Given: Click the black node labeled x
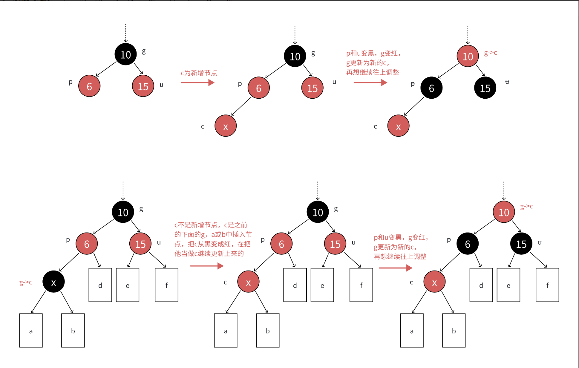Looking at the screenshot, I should point(53,282).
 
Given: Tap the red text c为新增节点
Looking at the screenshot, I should point(199,73).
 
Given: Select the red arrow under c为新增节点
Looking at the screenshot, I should point(197,83).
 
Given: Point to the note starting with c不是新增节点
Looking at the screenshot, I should point(213,239).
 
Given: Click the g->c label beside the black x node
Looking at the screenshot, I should point(26,282).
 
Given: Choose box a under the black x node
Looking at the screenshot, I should point(31,330).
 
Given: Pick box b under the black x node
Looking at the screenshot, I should point(73,330).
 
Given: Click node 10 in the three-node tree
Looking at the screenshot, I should point(125,54).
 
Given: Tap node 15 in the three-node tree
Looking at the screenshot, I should point(143,86).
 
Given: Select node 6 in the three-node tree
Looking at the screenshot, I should point(89,86).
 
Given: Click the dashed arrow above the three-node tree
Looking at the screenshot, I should point(125,33).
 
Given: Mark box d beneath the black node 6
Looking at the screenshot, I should point(481,285).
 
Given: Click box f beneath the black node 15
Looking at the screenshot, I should point(547,285).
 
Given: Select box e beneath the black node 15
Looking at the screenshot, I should point(508,285).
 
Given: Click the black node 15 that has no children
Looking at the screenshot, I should point(485,88).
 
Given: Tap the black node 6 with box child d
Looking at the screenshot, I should point(468,244).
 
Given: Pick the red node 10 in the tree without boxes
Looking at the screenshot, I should point(468,56).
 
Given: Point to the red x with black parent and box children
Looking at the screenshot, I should point(434,282).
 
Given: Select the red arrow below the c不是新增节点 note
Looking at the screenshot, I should point(206,266).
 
